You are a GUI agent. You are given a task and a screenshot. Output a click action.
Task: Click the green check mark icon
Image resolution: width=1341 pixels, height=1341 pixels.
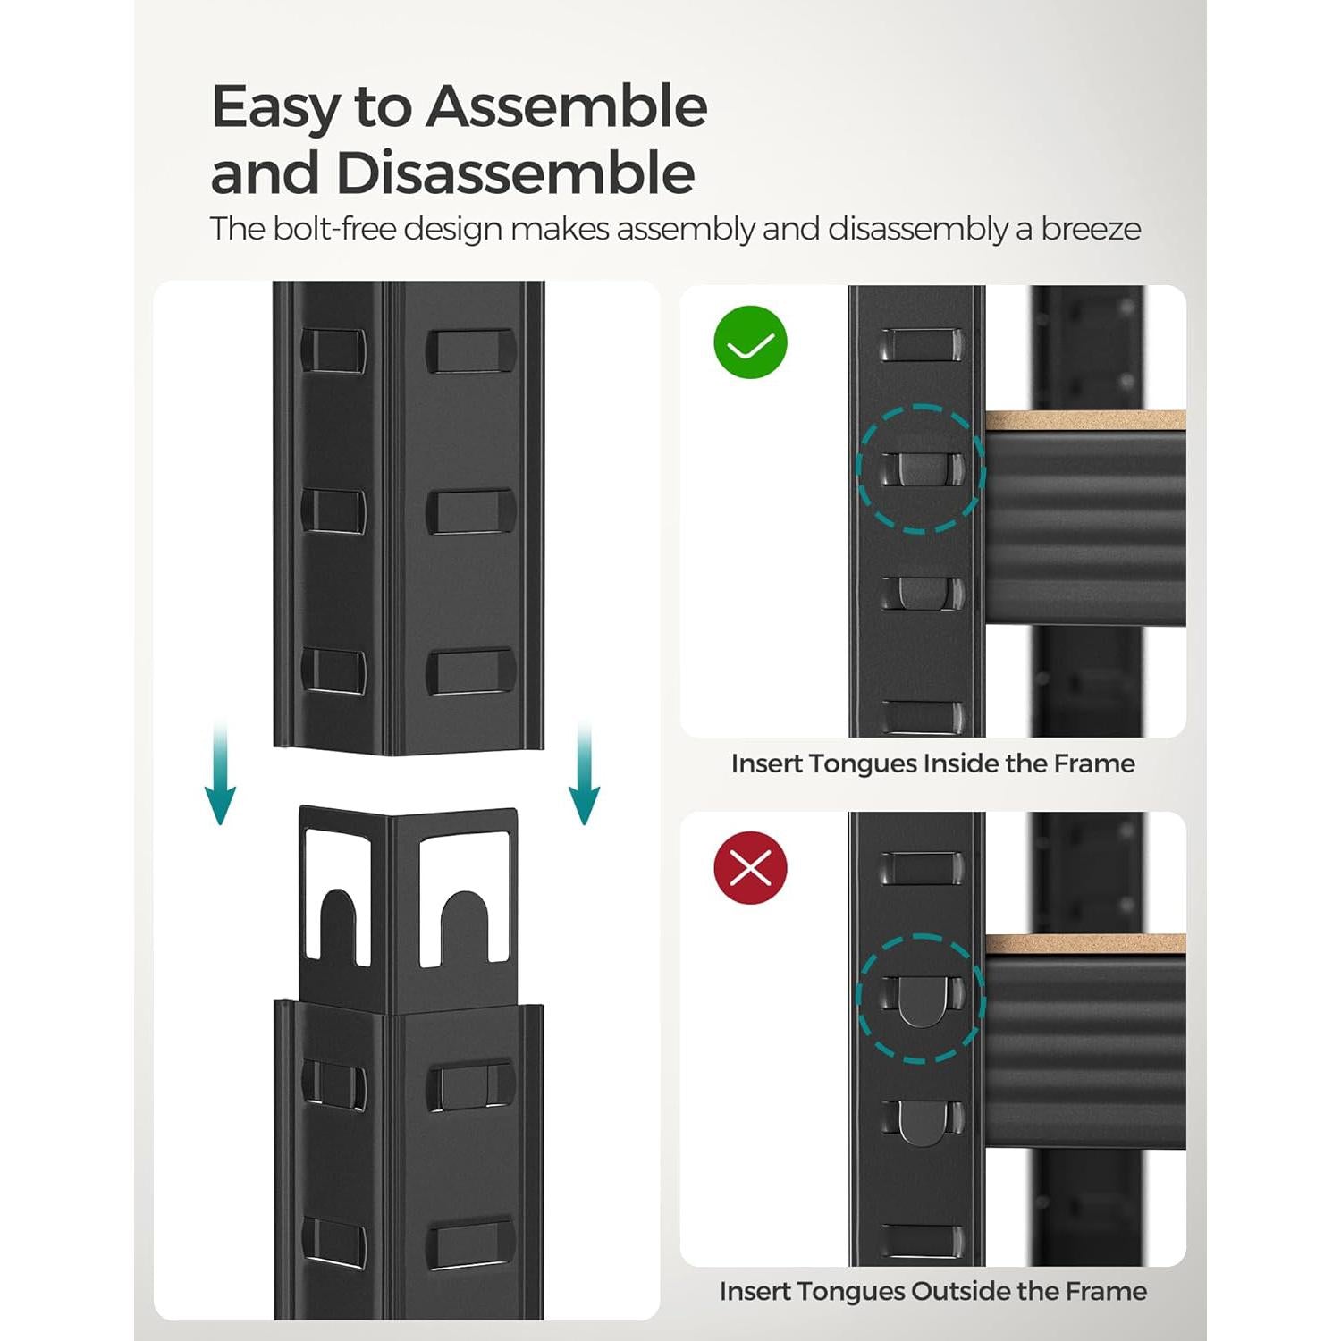[x=750, y=342]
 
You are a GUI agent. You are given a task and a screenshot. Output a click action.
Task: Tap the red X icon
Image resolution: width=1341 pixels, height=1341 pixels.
[x=750, y=867]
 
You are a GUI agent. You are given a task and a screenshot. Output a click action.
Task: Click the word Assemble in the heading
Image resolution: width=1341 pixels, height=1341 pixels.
[x=567, y=107]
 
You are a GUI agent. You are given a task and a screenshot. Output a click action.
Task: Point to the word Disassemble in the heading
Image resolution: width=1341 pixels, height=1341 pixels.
[x=515, y=173]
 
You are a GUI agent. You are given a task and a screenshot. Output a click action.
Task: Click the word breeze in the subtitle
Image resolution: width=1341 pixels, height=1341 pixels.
[x=1091, y=229]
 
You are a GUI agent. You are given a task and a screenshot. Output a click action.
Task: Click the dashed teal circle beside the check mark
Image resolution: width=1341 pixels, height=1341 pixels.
[x=921, y=468]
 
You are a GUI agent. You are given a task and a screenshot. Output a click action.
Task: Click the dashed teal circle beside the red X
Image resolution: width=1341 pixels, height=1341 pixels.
[x=921, y=998]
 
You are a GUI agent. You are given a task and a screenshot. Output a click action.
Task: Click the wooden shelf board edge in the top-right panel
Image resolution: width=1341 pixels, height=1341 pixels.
[x=1085, y=420]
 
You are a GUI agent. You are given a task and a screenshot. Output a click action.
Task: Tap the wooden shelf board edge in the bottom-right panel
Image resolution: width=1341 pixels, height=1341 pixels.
[x=1085, y=944]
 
